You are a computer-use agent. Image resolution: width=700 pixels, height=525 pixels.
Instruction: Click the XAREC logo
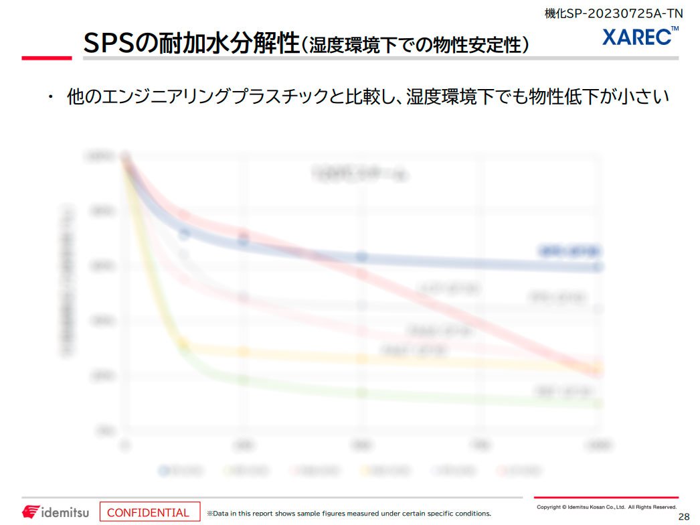tap(640, 37)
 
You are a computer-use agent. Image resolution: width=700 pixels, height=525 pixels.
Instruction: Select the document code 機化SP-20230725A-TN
tap(614, 13)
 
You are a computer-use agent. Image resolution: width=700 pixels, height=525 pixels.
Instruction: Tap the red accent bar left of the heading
tap(46, 58)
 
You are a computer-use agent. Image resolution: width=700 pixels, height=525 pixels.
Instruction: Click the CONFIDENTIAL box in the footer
tap(150, 512)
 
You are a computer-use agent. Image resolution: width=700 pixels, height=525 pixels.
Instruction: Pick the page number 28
tap(683, 516)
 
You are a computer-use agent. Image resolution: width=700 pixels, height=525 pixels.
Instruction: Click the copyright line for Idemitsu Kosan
tap(606, 507)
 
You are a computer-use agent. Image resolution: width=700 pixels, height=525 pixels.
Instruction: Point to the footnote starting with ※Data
tap(348, 514)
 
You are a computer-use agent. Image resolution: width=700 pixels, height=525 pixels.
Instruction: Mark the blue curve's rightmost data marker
tap(598, 267)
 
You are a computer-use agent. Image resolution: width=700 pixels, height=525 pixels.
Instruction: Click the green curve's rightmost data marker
tap(598, 404)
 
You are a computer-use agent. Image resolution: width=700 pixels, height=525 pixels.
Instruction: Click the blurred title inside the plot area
tap(360, 175)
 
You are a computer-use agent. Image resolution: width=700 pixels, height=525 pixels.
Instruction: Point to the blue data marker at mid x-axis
tap(362, 257)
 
